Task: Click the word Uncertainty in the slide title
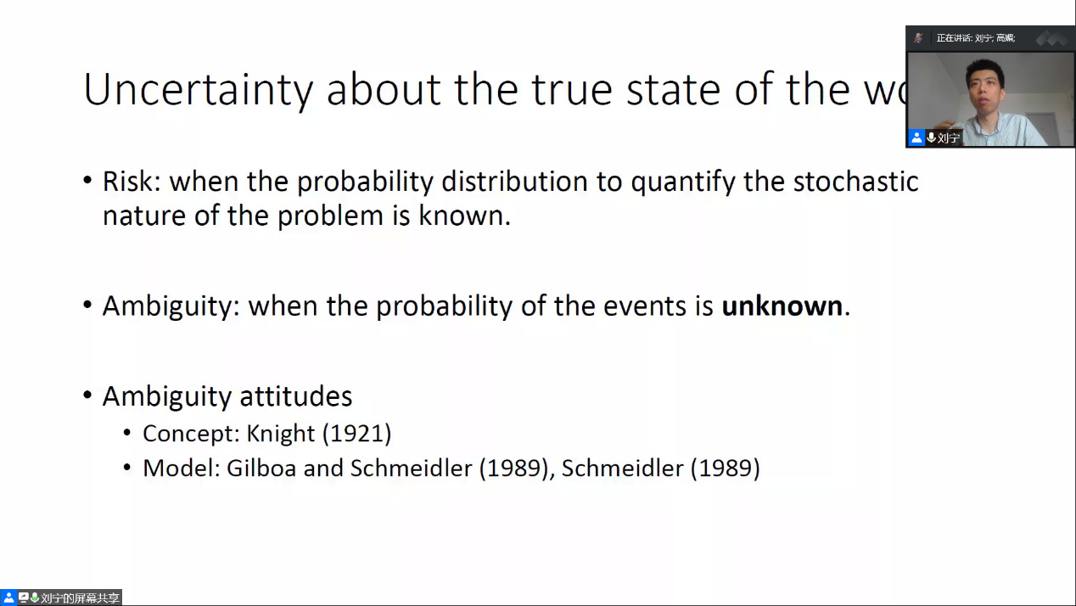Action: coord(199,90)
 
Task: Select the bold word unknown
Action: coord(782,306)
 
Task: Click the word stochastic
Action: coord(855,182)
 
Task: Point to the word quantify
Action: coord(683,183)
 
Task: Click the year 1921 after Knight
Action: coord(356,434)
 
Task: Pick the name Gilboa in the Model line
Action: coord(261,468)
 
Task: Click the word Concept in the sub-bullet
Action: coord(191,434)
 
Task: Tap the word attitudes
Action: coord(296,396)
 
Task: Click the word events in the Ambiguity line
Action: coord(645,306)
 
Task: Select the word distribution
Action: coord(514,182)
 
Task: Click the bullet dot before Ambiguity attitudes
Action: coord(87,395)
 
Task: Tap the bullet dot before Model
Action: coord(126,467)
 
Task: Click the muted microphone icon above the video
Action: coord(918,38)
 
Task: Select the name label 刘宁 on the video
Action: coord(948,138)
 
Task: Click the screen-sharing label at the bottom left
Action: coord(80,598)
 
